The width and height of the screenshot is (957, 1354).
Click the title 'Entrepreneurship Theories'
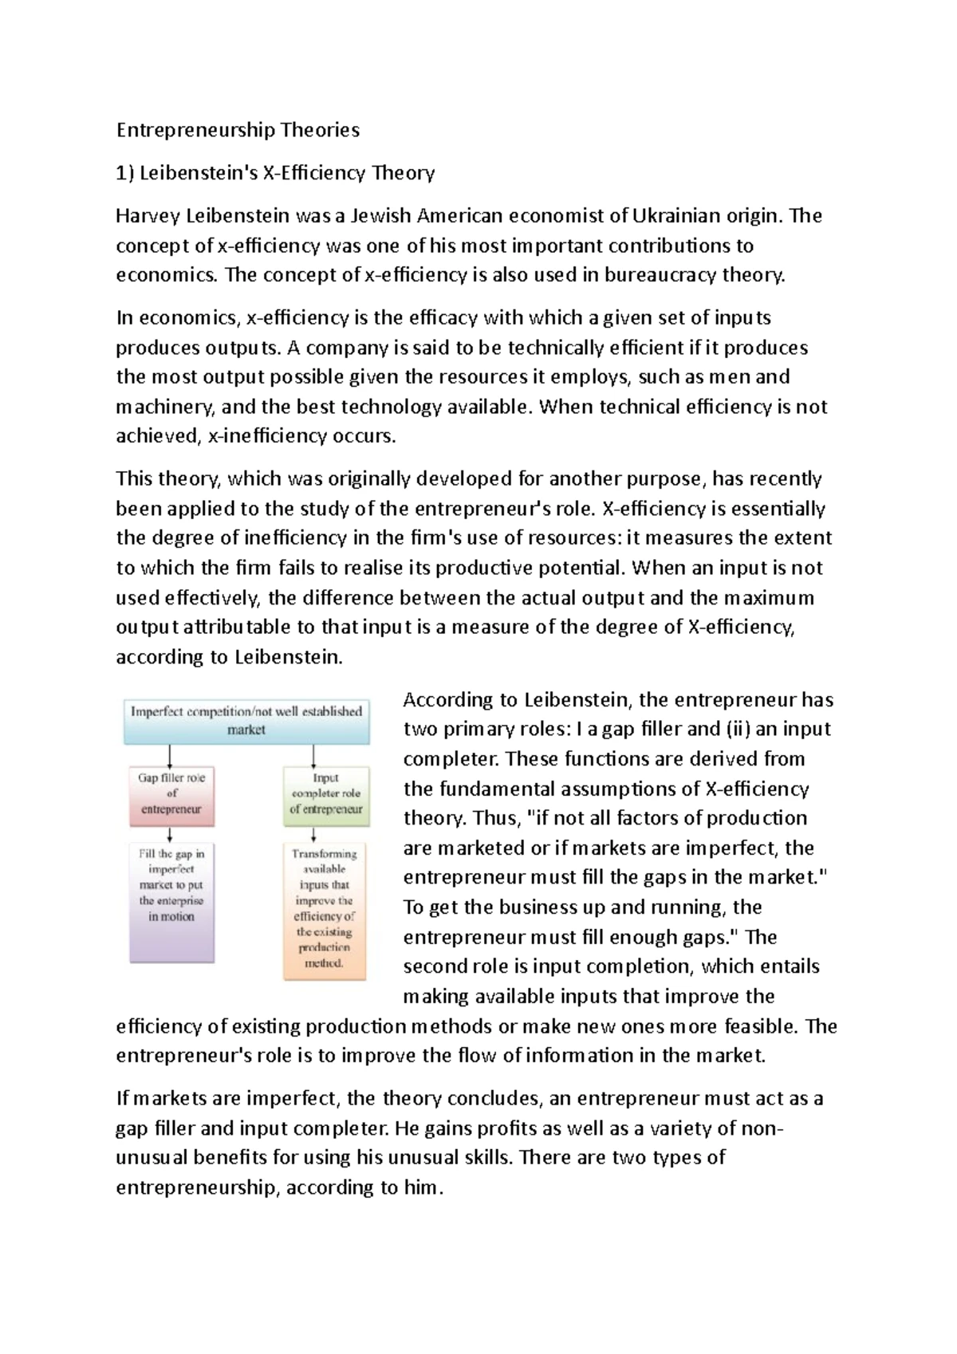click(238, 130)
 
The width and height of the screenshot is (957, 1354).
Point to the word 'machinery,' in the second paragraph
click(165, 407)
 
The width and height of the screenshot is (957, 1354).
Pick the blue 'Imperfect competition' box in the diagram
click(246, 720)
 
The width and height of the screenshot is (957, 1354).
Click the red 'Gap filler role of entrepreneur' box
click(171, 793)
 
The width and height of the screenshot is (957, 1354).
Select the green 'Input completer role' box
click(325, 793)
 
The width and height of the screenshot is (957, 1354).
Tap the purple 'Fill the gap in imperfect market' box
click(171, 893)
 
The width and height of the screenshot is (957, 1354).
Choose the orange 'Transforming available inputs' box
click(325, 909)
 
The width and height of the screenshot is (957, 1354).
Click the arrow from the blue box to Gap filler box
click(170, 755)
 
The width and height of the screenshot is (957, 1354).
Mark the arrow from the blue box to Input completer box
click(313, 755)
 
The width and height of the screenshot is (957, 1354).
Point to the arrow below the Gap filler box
click(170, 834)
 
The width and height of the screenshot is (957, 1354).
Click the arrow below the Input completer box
click(313, 834)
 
